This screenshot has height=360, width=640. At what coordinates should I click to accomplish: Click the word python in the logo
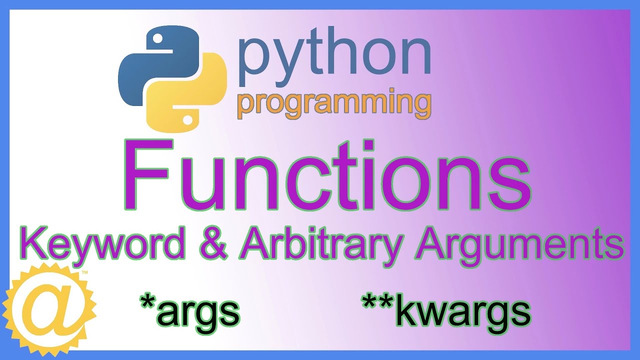click(334, 55)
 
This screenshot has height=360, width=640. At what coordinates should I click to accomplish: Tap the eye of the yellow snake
click(188, 120)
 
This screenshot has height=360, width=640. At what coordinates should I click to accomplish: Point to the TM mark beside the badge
click(84, 273)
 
